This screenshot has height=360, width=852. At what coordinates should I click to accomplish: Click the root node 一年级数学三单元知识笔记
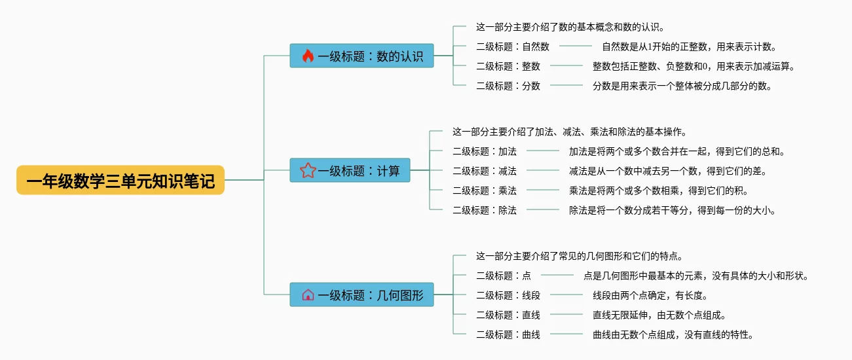pyautogui.click(x=120, y=180)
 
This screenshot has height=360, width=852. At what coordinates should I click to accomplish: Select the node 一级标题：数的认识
pyautogui.click(x=361, y=56)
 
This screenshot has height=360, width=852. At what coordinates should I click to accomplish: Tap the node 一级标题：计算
pyautogui.click(x=350, y=171)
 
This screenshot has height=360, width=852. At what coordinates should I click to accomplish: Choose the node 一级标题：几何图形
pyautogui.click(x=361, y=295)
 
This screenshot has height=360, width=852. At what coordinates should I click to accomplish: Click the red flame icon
pyautogui.click(x=308, y=56)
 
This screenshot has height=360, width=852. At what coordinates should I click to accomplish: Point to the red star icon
pyautogui.click(x=308, y=171)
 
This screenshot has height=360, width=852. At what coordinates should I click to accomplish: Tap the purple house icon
pyautogui.click(x=308, y=295)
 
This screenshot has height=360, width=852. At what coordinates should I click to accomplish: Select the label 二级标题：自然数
pyautogui.click(x=513, y=46)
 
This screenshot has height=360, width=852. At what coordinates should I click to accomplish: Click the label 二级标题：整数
pyautogui.click(x=508, y=66)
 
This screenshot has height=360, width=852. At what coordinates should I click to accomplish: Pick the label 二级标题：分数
pyautogui.click(x=508, y=86)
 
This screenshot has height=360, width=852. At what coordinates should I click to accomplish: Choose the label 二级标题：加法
pyautogui.click(x=485, y=151)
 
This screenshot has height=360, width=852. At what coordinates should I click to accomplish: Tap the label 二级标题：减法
pyautogui.click(x=485, y=171)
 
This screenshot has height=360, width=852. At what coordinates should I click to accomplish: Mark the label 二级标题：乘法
pyautogui.click(x=485, y=190)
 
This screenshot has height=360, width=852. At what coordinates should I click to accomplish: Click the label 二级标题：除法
pyautogui.click(x=485, y=210)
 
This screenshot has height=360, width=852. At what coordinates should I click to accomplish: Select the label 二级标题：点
pyautogui.click(x=504, y=276)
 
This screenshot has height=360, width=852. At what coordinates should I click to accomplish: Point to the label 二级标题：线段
pyautogui.click(x=508, y=295)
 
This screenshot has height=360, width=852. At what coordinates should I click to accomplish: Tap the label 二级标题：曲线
pyautogui.click(x=508, y=334)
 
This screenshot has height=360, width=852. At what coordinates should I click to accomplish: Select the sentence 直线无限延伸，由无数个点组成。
pyautogui.click(x=659, y=315)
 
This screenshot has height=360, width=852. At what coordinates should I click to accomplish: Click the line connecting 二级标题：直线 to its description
pyautogui.click(x=566, y=315)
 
